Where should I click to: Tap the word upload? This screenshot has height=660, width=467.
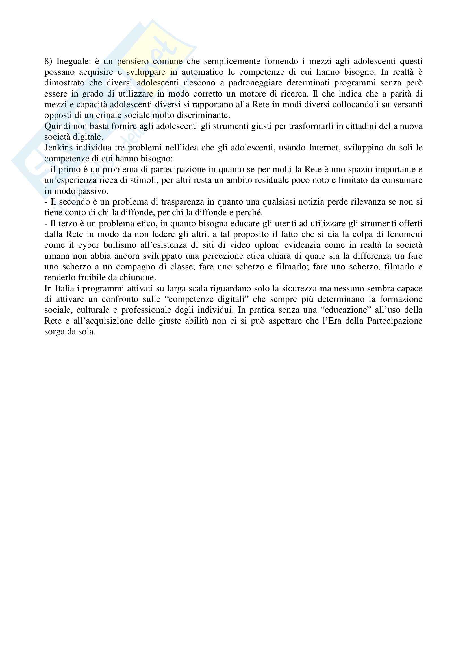tap(266, 245)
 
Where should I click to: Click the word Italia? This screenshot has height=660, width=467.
tap(65, 288)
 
